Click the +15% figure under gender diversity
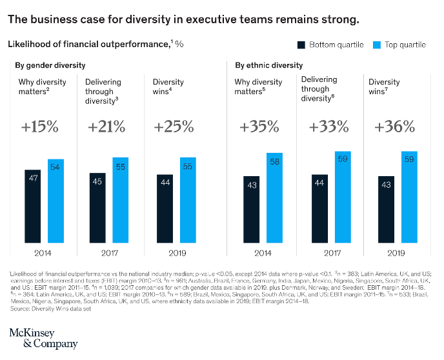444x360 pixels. [x=39, y=126]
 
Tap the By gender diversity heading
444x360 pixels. [x=50, y=65]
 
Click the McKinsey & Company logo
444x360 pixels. [x=43, y=338]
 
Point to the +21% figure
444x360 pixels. [x=106, y=126]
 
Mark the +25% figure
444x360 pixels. [x=174, y=126]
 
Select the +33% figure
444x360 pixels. [x=328, y=126]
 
